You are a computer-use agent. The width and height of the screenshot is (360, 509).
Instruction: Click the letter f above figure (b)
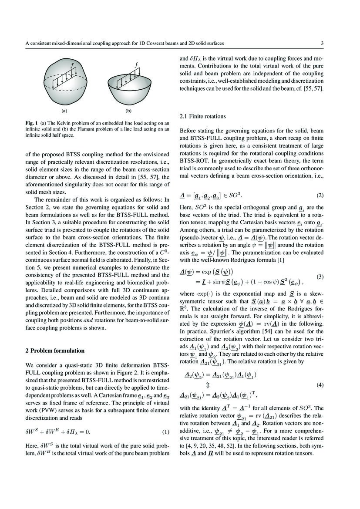click(137, 65)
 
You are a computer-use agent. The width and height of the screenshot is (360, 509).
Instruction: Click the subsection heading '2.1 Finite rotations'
click(203, 116)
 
